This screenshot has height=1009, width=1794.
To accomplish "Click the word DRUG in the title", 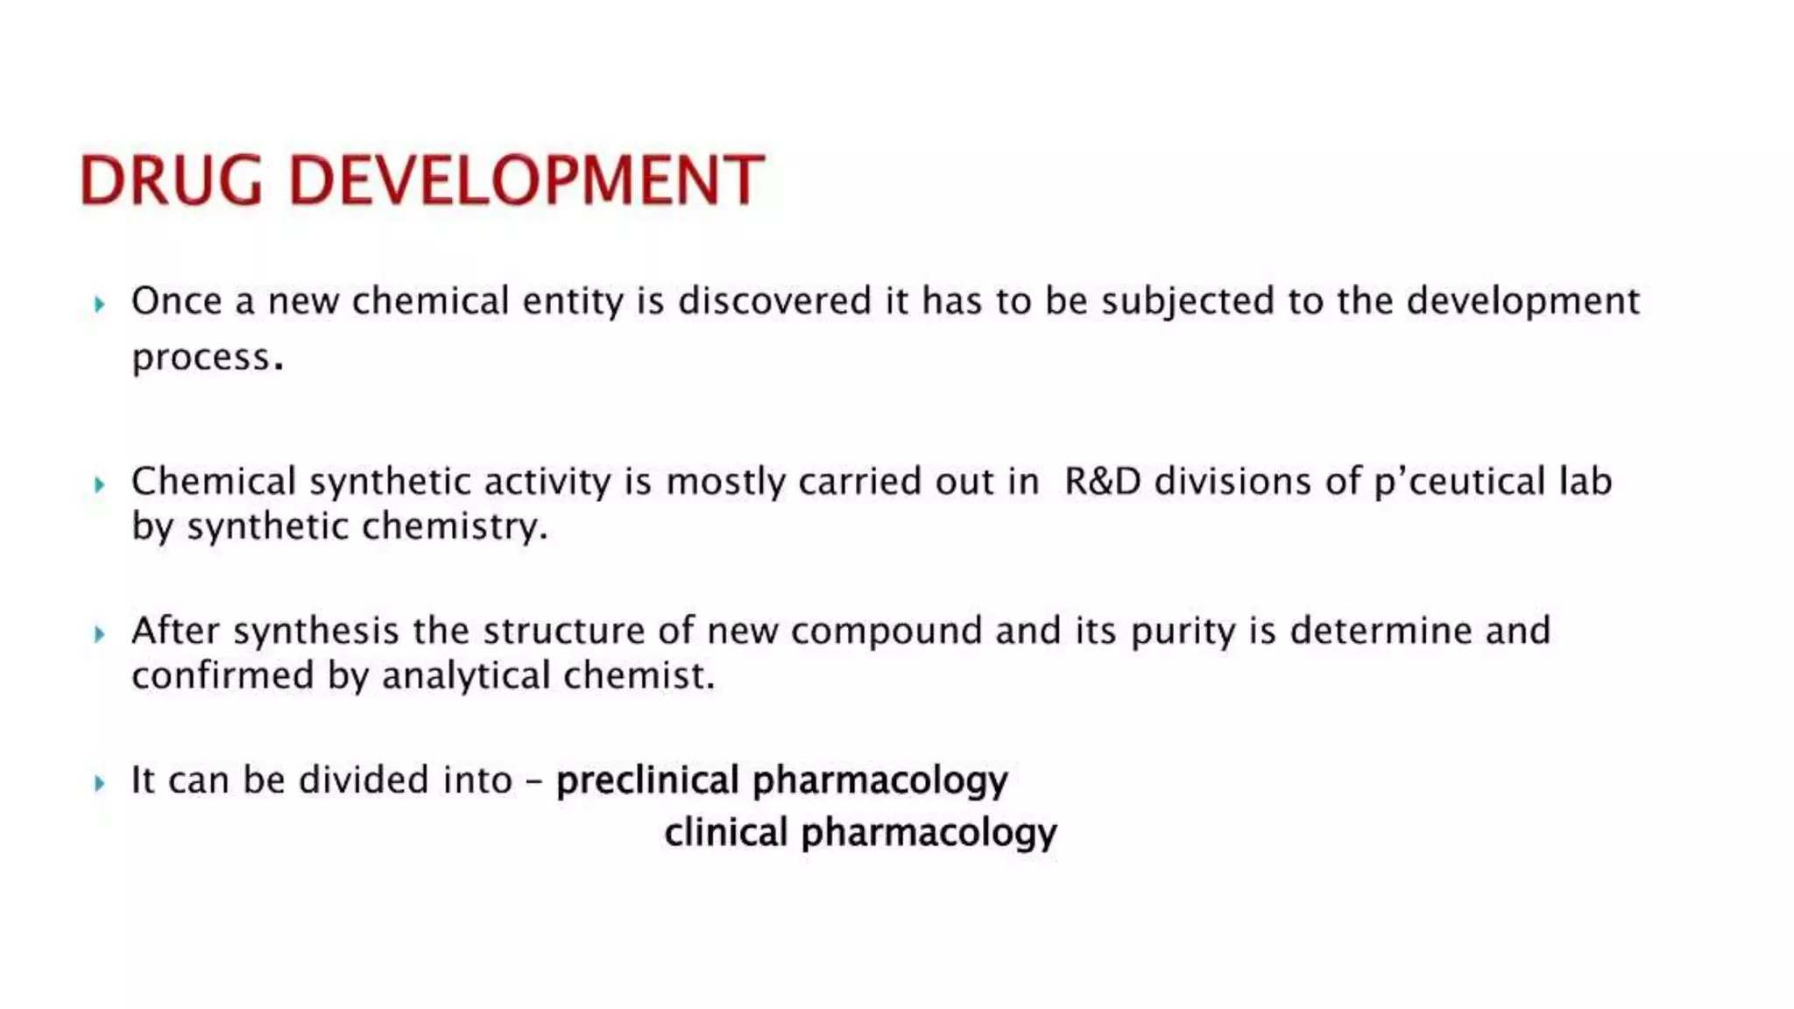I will [171, 180].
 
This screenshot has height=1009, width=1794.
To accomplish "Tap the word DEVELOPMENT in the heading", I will [526, 180].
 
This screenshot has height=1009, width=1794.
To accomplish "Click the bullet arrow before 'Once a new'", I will [100, 304].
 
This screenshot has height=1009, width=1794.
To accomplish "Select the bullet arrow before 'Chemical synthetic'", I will [100, 484].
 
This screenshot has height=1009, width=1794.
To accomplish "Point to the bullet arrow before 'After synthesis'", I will [100, 633].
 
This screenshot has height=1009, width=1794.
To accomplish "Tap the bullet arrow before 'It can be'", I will [100, 782].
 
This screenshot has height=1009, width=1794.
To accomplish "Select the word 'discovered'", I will [774, 300].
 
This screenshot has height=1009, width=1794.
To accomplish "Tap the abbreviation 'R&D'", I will [1103, 482].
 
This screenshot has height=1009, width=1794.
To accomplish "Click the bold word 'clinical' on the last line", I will [725, 832].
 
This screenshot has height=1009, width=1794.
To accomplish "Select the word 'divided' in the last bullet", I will [364, 780].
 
